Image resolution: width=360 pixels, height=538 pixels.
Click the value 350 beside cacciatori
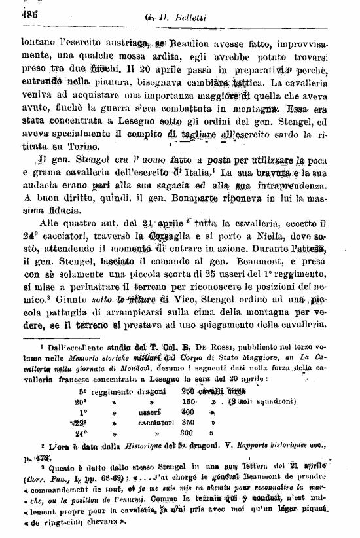[189, 423]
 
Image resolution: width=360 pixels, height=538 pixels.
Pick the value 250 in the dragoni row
[189, 391]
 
